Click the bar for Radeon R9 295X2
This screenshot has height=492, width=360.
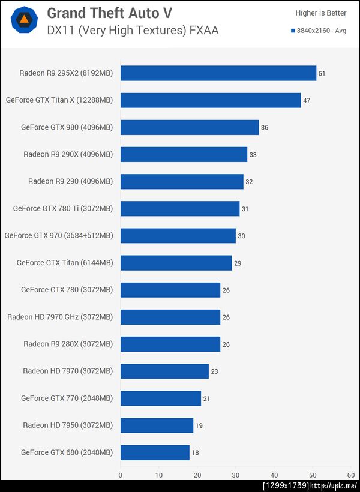click(x=218, y=73)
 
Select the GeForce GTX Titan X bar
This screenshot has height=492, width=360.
click(x=211, y=100)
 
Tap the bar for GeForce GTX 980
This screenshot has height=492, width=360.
click(x=190, y=127)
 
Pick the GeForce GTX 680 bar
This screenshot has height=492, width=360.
click(x=155, y=452)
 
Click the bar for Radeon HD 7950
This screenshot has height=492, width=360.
click(x=157, y=425)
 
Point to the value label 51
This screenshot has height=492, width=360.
click(x=322, y=74)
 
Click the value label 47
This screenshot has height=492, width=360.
click(x=307, y=101)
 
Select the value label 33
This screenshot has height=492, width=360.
click(x=253, y=155)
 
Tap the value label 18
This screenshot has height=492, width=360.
click(x=195, y=453)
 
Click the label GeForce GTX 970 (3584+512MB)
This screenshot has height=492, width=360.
click(x=59, y=236)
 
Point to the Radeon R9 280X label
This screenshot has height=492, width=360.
click(x=68, y=344)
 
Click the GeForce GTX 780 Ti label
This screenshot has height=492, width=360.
click(x=63, y=209)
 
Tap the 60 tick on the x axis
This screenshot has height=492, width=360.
click(x=350, y=475)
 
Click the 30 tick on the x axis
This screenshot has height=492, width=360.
click(x=236, y=475)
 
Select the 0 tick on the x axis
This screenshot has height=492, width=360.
click(x=121, y=475)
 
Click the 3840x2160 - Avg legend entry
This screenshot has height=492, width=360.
click(x=318, y=31)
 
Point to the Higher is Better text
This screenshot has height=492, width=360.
click(x=321, y=13)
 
